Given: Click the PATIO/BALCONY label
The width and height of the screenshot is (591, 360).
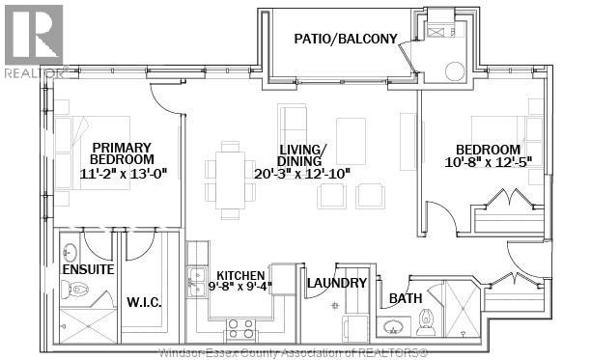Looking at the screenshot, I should click(345, 39).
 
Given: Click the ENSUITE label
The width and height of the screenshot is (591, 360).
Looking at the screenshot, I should click(88, 269).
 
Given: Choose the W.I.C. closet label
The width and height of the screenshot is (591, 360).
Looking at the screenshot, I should click(144, 303).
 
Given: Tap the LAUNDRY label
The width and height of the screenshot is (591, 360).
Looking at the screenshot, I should click(336, 283).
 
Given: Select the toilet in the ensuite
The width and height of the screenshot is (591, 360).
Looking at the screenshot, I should click(77, 289).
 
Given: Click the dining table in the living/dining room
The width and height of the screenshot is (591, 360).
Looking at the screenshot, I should click(230, 178).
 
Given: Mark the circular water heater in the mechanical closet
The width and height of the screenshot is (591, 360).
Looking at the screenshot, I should click(454, 72).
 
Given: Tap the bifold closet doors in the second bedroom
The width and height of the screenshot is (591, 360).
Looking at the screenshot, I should click(509, 201).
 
